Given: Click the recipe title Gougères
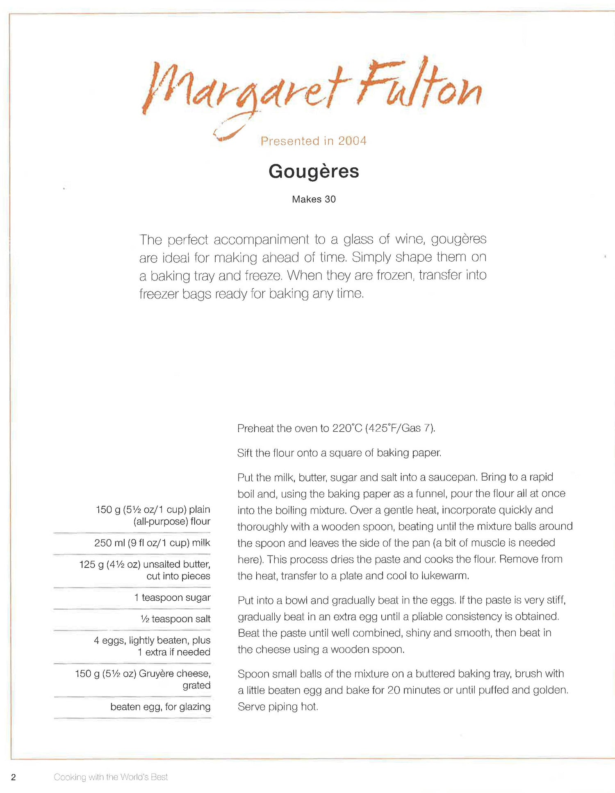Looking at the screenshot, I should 314,171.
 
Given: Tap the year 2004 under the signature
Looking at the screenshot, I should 352,141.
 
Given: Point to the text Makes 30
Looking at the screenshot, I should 314,199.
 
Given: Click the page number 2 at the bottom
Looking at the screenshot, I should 14,777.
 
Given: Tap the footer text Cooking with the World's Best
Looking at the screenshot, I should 111,777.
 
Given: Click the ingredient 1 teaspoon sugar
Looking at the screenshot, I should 172,597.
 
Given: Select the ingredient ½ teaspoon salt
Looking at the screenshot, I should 175,619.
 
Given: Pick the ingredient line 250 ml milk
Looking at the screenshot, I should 152,543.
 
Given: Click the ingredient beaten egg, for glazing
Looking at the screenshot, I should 160,706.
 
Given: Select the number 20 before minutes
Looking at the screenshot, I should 394,690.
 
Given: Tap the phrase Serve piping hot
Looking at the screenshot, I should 278,706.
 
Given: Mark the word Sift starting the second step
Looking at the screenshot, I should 245,453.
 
